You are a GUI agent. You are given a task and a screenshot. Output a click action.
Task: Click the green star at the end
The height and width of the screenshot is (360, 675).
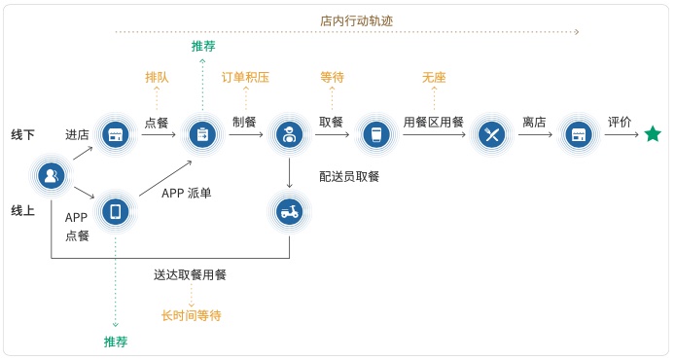(x=653, y=134)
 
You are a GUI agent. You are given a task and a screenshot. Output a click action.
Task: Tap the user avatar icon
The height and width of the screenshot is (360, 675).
(x=51, y=175)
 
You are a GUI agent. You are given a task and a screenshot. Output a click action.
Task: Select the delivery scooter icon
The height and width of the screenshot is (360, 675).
(x=289, y=211)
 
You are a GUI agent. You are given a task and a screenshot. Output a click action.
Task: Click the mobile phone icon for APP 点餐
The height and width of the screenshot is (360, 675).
(x=116, y=211)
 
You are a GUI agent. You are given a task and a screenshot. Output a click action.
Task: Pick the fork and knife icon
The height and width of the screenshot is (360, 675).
(x=492, y=134)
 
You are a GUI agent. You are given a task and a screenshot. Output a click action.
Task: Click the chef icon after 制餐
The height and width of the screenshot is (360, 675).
(x=289, y=134)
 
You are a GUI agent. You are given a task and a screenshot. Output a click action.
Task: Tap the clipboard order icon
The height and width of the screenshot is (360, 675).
(x=203, y=134)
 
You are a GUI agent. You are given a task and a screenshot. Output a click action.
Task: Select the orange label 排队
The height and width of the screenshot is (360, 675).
(x=157, y=76)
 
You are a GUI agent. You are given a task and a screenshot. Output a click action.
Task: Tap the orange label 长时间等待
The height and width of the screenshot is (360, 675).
(x=192, y=315)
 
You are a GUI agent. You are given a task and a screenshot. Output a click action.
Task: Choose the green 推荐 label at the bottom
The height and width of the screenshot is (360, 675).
(x=116, y=341)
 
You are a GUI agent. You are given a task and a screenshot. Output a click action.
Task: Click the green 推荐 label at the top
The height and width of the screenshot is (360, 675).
(x=203, y=46)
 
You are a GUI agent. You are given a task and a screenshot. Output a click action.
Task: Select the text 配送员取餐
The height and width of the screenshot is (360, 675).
(x=349, y=176)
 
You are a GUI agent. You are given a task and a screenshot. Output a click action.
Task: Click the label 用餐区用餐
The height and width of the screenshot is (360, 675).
(x=434, y=123)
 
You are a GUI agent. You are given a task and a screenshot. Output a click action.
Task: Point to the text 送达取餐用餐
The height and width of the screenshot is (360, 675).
(x=190, y=274)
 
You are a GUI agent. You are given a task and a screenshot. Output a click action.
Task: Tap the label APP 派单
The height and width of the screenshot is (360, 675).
(x=187, y=193)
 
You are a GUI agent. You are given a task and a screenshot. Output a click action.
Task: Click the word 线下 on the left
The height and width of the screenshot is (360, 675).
(x=23, y=134)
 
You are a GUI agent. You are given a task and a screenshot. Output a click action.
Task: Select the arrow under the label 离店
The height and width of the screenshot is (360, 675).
(x=534, y=135)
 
